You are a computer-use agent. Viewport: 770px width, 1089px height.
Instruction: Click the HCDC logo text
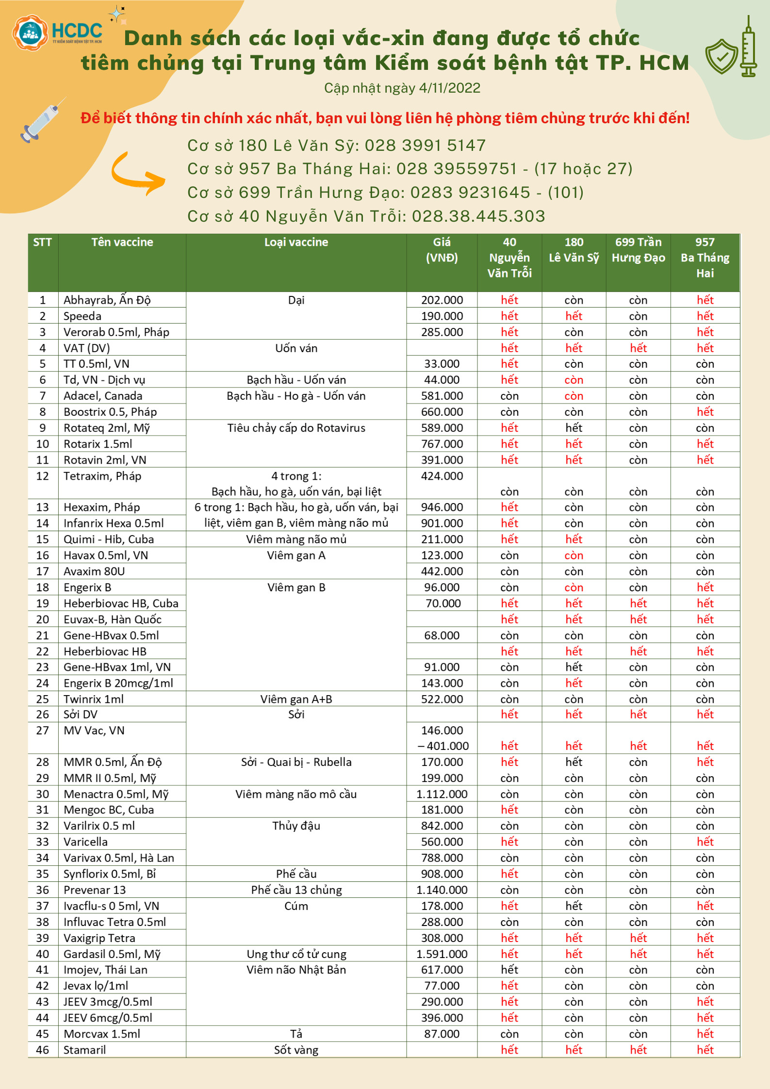(x=77, y=31)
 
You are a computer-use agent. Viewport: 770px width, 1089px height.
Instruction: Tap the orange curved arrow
(x=137, y=174)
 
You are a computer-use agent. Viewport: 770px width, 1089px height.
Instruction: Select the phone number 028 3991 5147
(x=425, y=145)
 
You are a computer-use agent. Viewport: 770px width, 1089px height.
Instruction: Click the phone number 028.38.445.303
(x=478, y=216)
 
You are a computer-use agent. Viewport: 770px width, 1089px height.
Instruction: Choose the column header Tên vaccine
(x=122, y=242)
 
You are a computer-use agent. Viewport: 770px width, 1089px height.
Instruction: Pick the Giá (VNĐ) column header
(x=442, y=249)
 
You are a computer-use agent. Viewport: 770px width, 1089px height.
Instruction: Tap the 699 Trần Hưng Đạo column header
(x=638, y=249)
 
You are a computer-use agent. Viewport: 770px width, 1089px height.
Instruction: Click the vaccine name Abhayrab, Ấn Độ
(x=107, y=300)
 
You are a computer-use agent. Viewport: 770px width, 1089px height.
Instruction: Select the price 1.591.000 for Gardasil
(x=442, y=954)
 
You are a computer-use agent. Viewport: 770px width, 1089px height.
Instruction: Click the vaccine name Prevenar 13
(x=95, y=890)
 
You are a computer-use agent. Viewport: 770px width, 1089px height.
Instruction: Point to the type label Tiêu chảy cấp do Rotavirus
(x=296, y=428)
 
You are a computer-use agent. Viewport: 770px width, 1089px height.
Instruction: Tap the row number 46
(x=43, y=1050)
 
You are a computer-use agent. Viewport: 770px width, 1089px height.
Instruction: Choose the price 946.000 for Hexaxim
(x=442, y=507)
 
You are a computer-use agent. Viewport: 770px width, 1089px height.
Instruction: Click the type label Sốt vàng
(x=296, y=1050)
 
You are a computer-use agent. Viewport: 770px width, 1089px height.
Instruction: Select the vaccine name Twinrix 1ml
(x=94, y=699)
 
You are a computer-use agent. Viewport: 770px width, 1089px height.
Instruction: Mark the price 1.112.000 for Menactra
(x=442, y=794)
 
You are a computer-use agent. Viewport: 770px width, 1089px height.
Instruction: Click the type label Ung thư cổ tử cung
(x=296, y=954)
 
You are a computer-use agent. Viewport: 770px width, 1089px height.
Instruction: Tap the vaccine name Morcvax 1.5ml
(x=102, y=1034)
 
